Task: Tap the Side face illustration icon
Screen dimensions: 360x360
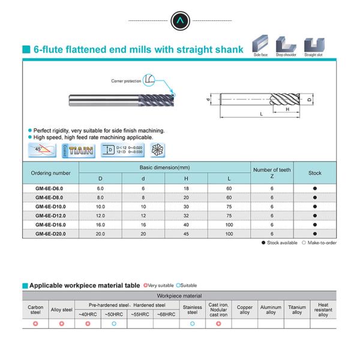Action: (x=261, y=44)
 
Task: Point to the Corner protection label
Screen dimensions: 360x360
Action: (x=127, y=80)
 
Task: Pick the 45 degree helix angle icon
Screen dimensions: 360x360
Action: (x=41, y=150)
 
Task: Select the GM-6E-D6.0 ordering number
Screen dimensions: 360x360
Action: (x=50, y=188)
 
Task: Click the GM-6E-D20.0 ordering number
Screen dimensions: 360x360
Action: (x=50, y=233)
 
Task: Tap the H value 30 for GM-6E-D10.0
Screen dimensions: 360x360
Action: (x=187, y=206)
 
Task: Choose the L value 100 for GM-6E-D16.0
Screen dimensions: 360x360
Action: (x=229, y=224)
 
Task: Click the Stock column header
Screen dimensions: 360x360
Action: (x=315, y=173)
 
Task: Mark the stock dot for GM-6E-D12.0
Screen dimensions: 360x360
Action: (x=315, y=215)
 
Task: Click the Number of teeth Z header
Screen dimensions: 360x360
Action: (x=272, y=173)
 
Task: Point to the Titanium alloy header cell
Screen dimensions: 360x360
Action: (x=297, y=310)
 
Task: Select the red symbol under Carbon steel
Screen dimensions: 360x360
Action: (x=35, y=324)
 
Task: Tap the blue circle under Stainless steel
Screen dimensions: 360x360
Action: (x=192, y=324)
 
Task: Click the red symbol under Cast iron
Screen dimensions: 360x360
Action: (x=218, y=324)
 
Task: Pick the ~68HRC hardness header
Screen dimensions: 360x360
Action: (x=166, y=314)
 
